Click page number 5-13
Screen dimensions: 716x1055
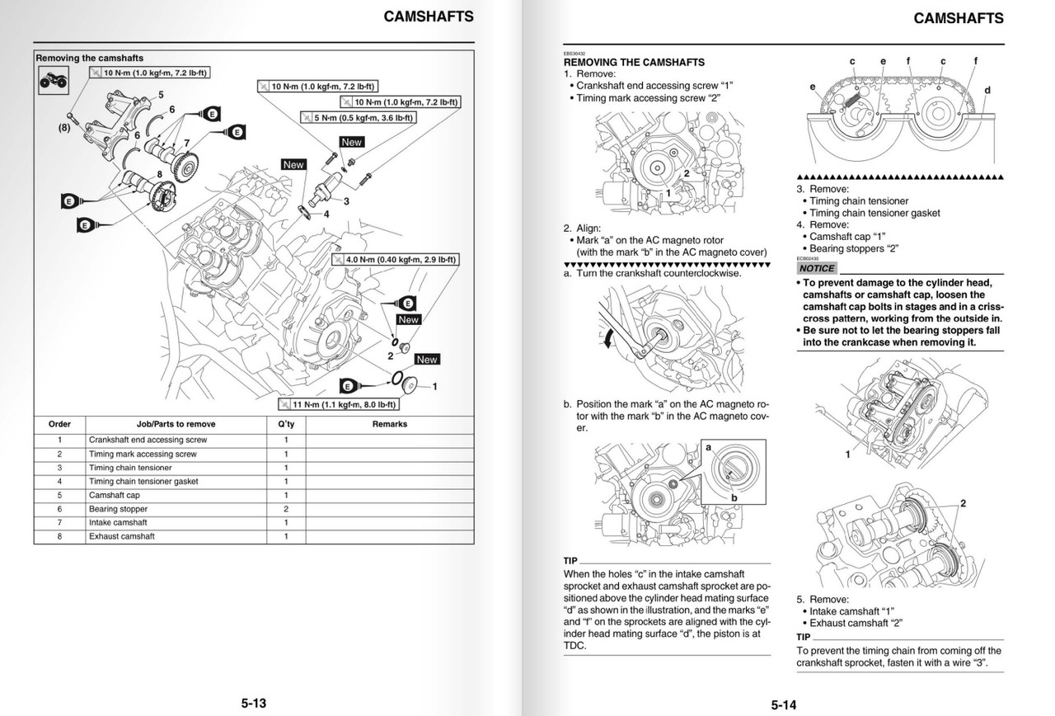[x=254, y=703]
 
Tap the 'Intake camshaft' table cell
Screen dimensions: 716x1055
[x=119, y=523]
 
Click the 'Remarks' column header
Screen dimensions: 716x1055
[x=390, y=424]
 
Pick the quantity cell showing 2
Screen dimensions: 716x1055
[x=286, y=509]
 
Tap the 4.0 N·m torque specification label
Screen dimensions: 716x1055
[x=395, y=259]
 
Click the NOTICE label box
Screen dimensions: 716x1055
[x=817, y=268]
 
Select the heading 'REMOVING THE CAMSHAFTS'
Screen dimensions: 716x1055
[x=634, y=62]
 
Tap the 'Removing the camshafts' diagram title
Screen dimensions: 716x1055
[x=89, y=59]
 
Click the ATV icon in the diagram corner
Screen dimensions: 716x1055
[x=52, y=80]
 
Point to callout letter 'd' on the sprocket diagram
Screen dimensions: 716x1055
[x=987, y=89]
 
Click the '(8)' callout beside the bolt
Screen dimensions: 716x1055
[x=64, y=128]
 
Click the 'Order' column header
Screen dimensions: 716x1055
[x=60, y=424]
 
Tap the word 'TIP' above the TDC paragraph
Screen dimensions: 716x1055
[x=570, y=560]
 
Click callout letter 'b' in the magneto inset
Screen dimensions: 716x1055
[x=734, y=497]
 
